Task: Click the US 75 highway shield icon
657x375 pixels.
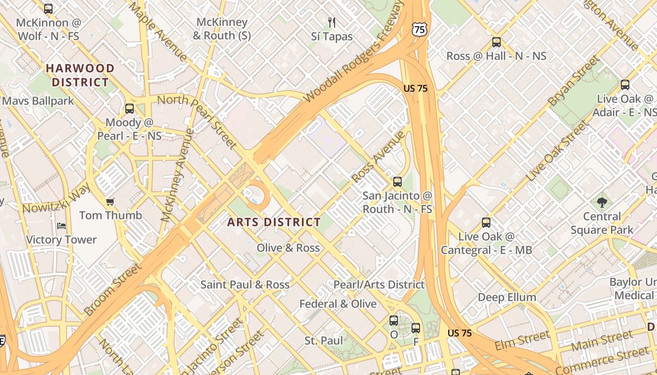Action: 420,30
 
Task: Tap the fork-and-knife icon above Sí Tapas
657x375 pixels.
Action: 332,22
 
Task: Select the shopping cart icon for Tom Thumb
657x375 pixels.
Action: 110,202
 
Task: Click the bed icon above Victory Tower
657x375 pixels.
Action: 61,226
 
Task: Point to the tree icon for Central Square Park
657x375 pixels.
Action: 602,202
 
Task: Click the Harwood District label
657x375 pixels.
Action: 80,75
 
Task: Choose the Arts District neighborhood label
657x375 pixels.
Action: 274,222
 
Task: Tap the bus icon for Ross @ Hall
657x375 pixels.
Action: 497,42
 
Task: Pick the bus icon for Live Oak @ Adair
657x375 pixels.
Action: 625,85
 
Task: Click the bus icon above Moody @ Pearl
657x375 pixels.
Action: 130,109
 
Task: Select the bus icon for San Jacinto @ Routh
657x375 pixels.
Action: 397,182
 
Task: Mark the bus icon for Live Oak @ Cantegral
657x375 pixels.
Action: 486,223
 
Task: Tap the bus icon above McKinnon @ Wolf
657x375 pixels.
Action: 48,8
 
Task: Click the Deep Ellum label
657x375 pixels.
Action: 507,297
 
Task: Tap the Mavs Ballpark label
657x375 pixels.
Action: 38,101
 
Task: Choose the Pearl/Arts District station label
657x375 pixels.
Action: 379,285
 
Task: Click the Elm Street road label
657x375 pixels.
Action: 522,340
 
